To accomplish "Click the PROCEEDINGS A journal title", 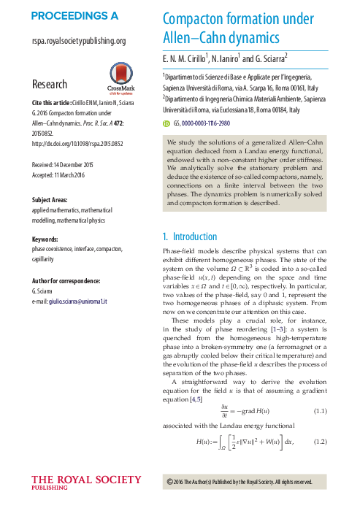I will pyautogui.click(x=75, y=15).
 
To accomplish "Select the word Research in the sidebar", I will pyautogui.click(x=50, y=84).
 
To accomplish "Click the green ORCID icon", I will pyautogui.click(x=166, y=123).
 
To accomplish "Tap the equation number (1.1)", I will pyautogui.click(x=320, y=411).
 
